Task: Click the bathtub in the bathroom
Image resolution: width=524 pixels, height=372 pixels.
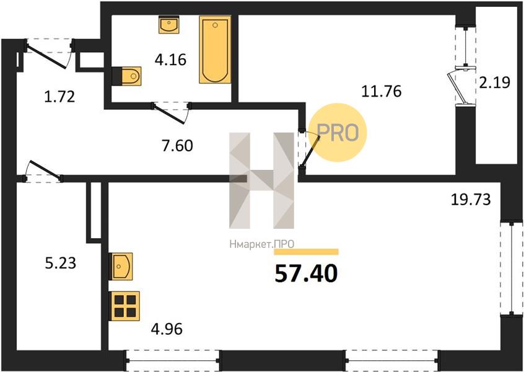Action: pos(215,50)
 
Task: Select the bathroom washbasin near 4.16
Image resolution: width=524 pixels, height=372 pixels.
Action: pos(169,24)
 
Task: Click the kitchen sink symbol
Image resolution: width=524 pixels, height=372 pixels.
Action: pos(121,266)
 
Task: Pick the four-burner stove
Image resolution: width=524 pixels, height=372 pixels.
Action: pos(124,306)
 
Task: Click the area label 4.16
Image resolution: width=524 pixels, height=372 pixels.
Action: pos(170,60)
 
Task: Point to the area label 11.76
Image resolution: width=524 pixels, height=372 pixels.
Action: pos(382,91)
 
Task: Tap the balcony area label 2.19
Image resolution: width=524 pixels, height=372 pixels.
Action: pos(495,82)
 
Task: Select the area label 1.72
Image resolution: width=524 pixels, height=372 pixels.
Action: pos(59,97)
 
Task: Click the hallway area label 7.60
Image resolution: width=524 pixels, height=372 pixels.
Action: pos(177,146)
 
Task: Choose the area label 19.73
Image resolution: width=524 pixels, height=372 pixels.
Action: pos(471,200)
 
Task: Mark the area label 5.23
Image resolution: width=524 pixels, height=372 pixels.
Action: pos(61,263)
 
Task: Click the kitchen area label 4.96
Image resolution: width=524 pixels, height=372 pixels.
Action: pos(167,329)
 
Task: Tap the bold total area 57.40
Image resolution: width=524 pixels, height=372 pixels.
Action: pos(306,274)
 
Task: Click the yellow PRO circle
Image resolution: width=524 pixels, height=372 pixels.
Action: pos(338,133)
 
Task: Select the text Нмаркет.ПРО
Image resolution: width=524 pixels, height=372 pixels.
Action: pos(261,244)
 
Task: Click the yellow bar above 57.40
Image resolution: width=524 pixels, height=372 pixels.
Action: pos(306,252)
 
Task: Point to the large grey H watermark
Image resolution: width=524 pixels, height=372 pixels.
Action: pos(261,180)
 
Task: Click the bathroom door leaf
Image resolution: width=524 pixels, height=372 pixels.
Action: pos(170,113)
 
